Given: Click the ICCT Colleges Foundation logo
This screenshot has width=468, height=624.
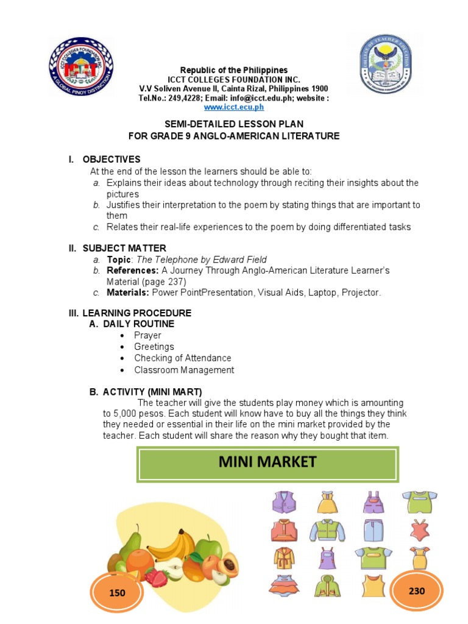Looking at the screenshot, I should coord(81,66).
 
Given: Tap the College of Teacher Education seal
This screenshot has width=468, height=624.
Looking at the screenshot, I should coord(385,65).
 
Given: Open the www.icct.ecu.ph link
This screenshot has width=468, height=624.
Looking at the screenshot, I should coord(234,107).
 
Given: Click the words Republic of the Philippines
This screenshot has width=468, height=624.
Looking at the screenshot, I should coord(234,70).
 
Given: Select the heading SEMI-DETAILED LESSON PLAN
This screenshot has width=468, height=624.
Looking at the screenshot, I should coord(234,125).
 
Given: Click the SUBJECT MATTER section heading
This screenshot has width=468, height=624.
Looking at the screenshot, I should coord(124,248).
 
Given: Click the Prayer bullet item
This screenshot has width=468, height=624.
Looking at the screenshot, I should coord(147,335).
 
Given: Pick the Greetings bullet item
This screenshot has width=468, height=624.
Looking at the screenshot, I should coord(154,347).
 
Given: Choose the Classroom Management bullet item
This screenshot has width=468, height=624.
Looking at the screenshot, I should coord(184,370).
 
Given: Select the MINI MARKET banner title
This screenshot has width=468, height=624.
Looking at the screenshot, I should coord(268,462).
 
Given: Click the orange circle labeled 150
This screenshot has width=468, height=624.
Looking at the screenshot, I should coord(117,592).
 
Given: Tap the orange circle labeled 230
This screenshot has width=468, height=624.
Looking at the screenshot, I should coord(417,590).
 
